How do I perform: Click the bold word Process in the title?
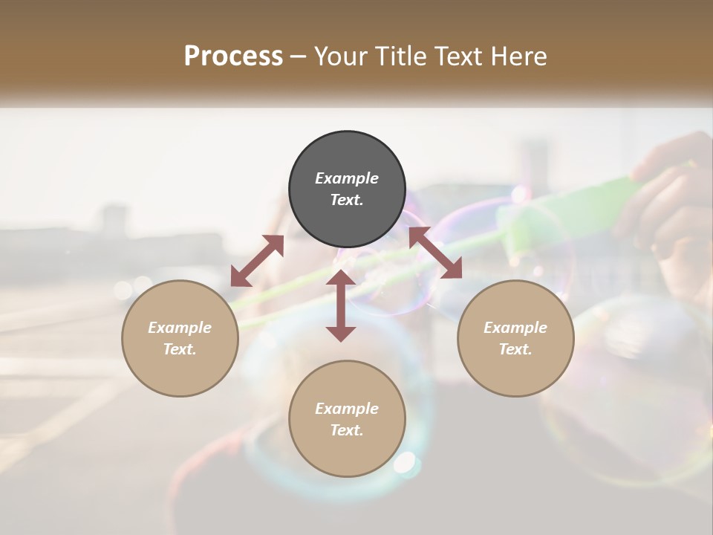(x=233, y=56)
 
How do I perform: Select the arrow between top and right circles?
(x=435, y=253)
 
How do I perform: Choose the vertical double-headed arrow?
(x=341, y=305)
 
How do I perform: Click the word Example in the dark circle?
(x=347, y=178)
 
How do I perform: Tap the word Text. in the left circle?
(x=180, y=349)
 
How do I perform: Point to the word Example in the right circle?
(x=515, y=328)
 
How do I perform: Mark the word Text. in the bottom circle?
(x=347, y=430)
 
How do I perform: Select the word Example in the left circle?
(x=180, y=328)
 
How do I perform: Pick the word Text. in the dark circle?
(x=347, y=200)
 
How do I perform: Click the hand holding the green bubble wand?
(x=668, y=201)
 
